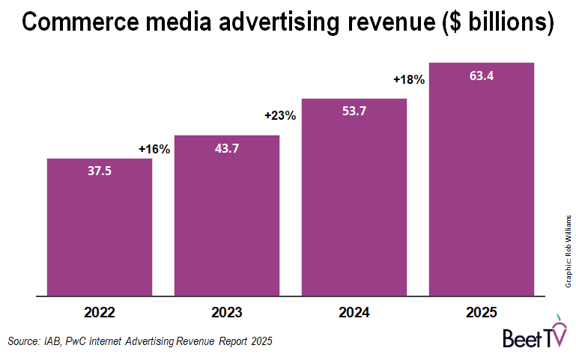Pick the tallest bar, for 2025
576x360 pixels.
pos(481,187)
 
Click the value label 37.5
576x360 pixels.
pos(99,172)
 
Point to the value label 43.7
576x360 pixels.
pos(226,149)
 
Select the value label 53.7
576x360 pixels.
pos(354,112)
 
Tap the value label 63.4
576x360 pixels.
pos(481,76)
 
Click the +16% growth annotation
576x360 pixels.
pos(154,149)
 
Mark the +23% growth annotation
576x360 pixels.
pos(280,115)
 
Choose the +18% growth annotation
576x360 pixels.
pos(409,79)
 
